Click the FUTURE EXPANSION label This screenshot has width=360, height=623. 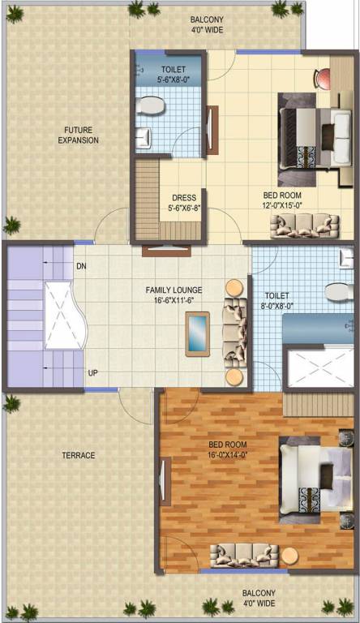click(x=78, y=135)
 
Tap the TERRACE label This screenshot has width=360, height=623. click(x=79, y=455)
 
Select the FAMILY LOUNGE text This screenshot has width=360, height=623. click(x=174, y=290)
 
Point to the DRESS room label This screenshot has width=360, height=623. click(x=183, y=197)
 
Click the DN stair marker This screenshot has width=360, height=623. click(x=81, y=266)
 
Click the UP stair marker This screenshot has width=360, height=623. click(x=93, y=373)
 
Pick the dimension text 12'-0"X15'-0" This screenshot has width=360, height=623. click(x=281, y=205)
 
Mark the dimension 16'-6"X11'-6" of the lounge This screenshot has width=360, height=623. click(x=174, y=300)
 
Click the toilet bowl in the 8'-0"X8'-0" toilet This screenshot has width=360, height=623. click(x=337, y=291)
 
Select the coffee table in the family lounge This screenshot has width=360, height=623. click(x=198, y=333)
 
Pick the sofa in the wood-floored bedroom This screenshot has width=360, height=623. click(x=244, y=555)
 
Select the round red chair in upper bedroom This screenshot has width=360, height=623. click(x=322, y=77)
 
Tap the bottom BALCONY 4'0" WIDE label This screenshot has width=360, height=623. click(x=259, y=599)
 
